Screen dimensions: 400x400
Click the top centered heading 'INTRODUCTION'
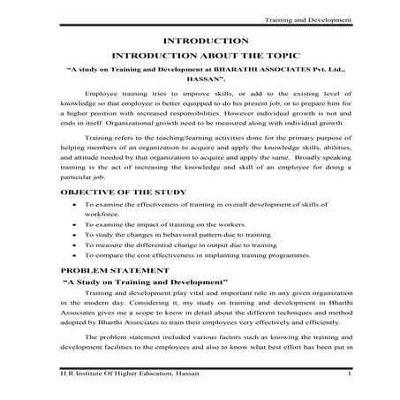coord(200,41)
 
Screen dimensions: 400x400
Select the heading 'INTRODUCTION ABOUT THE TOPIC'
coord(200,54)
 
